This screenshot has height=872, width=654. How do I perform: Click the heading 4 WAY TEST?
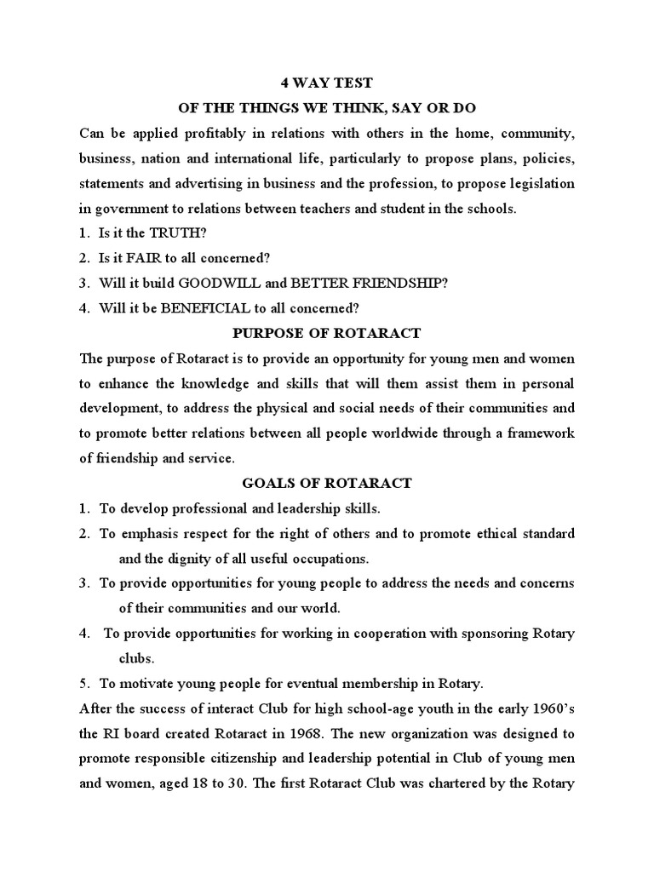click(326, 84)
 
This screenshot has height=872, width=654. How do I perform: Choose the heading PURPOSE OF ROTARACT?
click(326, 333)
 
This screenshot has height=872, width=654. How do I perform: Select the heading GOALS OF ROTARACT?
click(326, 483)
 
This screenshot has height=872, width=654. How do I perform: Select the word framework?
click(540, 433)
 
